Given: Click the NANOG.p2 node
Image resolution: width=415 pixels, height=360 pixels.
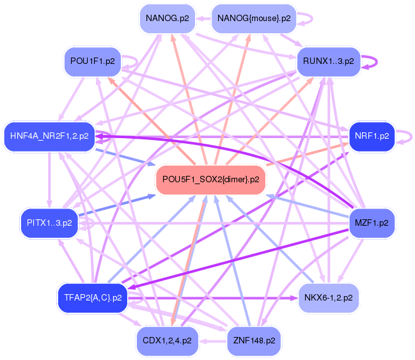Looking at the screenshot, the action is (168, 19).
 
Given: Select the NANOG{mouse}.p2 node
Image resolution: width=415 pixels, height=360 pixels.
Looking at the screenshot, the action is (254, 19).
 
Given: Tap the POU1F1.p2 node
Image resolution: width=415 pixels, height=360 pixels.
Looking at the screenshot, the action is (93, 61).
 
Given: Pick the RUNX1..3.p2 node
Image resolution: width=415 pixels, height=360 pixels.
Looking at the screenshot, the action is (329, 61).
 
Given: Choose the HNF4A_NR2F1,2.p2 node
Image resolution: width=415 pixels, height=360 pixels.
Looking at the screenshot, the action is (49, 137).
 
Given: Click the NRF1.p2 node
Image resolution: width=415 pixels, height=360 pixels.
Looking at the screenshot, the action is (372, 137).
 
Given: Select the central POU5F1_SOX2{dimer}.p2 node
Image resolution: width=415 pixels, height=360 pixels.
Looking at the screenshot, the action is (210, 180).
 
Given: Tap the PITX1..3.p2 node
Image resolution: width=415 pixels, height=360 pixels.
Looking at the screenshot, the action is (49, 223).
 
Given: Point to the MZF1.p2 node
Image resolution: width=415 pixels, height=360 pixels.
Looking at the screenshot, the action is (372, 223).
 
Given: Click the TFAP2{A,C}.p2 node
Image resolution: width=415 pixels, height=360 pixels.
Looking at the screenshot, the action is (93, 298).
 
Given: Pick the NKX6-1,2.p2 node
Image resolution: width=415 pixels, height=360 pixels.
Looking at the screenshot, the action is (329, 298).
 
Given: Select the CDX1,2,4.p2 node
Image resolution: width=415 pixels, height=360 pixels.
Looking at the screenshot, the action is (168, 341).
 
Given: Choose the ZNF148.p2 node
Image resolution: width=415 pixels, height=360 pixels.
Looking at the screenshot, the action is (254, 341).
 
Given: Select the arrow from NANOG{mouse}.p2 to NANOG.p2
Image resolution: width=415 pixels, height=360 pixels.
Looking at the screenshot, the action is (203, 19).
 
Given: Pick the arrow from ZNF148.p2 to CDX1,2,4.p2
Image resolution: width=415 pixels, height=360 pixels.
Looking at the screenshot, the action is (213, 341).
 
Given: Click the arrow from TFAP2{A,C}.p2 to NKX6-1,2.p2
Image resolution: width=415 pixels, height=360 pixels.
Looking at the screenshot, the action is (213, 298).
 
